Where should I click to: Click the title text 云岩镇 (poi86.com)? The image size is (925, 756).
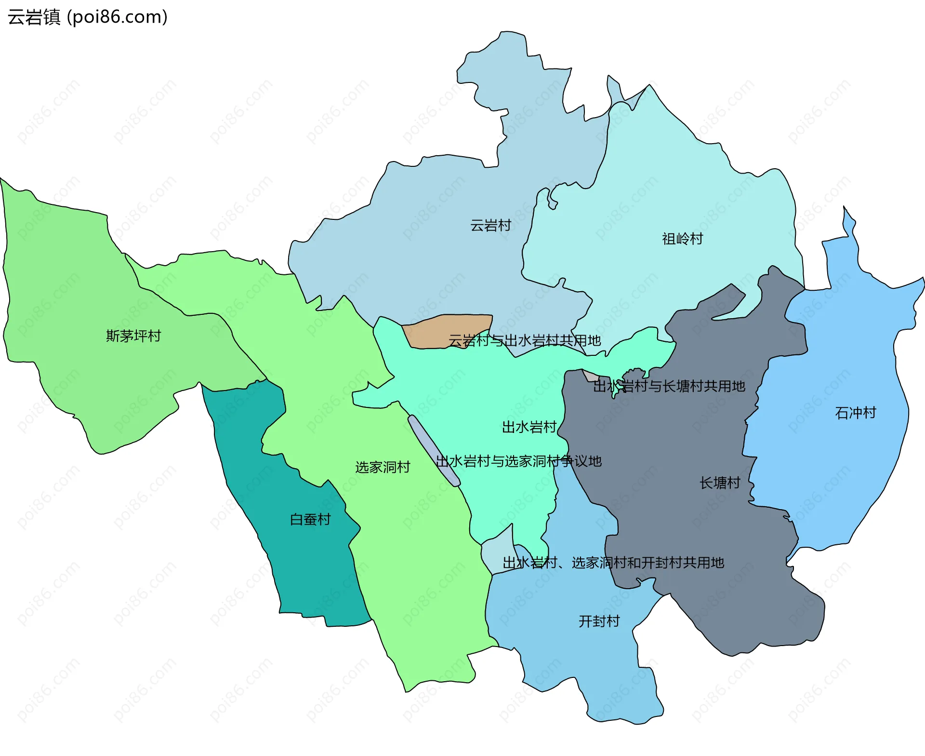[88, 17]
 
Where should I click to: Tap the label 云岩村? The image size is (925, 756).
[490, 225]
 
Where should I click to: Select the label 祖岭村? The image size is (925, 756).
[682, 239]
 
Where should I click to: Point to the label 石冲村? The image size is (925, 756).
[855, 413]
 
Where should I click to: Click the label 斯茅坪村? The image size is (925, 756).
[133, 336]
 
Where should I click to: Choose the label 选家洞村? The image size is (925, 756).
[383, 467]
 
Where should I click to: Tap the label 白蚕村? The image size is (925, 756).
[310, 519]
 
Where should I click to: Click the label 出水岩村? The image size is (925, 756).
[529, 427]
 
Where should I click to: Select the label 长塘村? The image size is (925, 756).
[720, 483]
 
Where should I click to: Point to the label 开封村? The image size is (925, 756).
[599, 621]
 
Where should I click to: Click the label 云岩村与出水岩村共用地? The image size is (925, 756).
[525, 340]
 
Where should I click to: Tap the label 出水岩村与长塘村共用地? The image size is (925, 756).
[669, 386]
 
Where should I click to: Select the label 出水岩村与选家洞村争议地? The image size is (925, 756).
[518, 461]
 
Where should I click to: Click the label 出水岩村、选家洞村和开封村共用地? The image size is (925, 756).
[613, 562]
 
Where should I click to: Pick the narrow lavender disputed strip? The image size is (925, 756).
[434, 450]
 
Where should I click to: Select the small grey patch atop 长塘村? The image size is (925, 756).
[590, 376]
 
